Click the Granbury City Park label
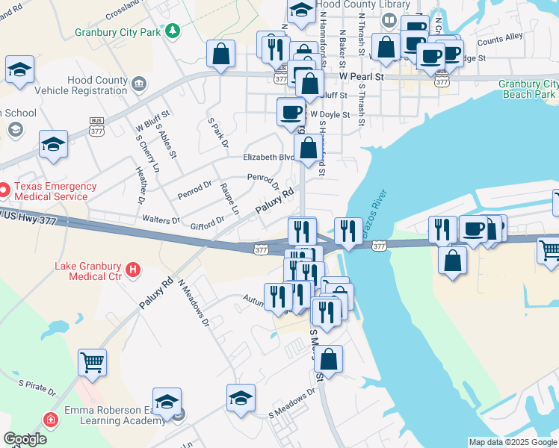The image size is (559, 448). (119, 32)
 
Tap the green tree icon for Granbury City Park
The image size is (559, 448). (173, 31)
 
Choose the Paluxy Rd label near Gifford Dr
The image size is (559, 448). (274, 202)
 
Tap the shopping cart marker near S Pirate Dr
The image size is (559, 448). (92, 363)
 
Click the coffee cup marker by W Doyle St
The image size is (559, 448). (291, 113)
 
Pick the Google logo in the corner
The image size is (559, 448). (25, 439)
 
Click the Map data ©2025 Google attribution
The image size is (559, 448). (512, 442)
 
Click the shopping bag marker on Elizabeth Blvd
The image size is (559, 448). (309, 149)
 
